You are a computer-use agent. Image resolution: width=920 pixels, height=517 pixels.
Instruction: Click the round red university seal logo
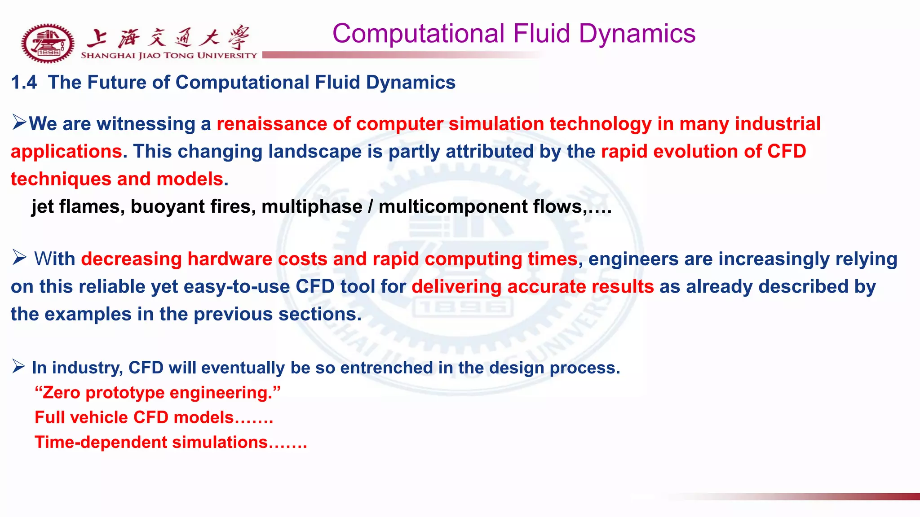[48, 43]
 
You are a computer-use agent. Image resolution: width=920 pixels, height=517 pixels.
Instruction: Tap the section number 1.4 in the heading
[24, 83]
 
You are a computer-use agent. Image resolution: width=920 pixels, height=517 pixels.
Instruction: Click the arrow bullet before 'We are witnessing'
[20, 122]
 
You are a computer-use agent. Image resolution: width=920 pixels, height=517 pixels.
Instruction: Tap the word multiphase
[312, 207]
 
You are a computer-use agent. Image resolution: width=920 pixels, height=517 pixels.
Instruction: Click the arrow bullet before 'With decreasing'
[20, 258]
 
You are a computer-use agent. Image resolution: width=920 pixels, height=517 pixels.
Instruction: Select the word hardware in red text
[230, 259]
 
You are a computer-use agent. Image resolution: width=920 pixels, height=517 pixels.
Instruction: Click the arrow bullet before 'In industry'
[19, 366]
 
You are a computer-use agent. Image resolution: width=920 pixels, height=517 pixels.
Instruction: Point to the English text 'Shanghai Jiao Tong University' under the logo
[168, 56]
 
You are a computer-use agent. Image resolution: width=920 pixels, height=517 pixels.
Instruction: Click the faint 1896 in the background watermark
[462, 308]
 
